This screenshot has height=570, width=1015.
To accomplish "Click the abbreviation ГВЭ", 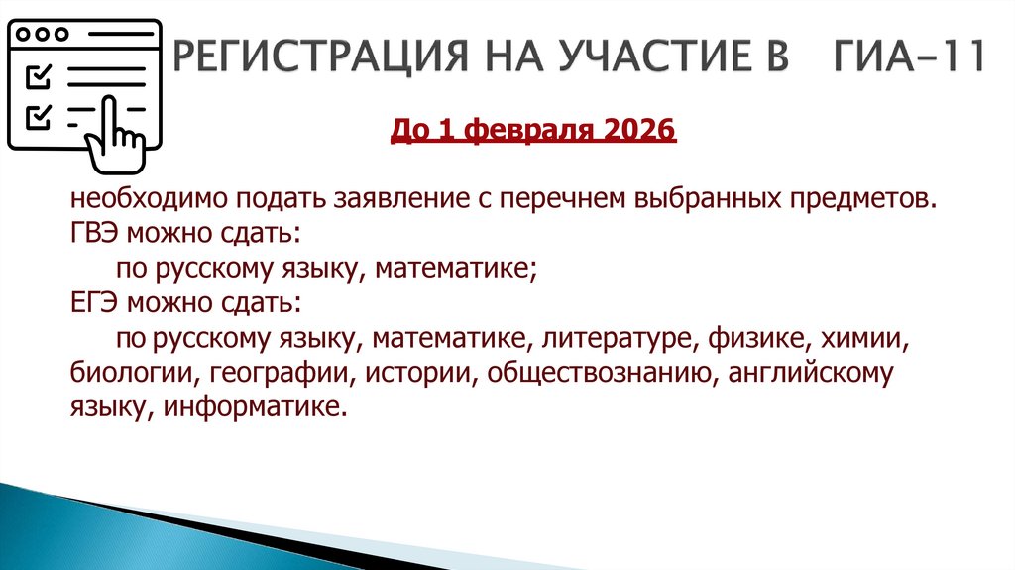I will click(94, 234).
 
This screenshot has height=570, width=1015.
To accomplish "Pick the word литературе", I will click(614, 338).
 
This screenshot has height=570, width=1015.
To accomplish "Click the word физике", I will click(755, 338).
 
